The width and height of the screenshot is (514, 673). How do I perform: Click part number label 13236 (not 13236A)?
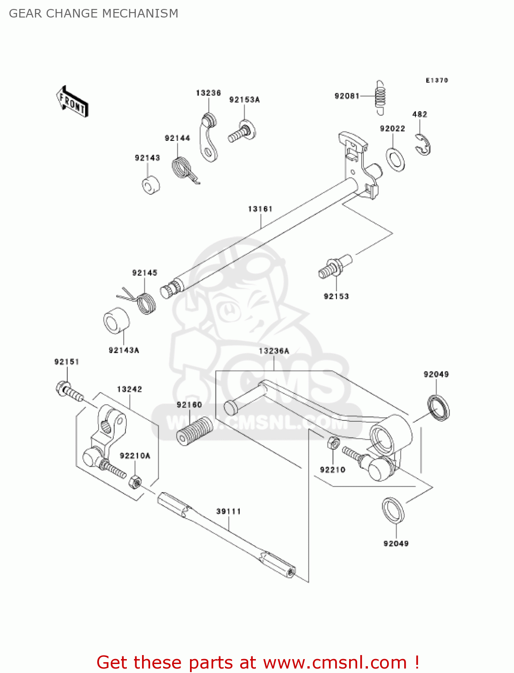tap(208, 93)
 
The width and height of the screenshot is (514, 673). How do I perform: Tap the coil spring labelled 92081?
tap(380, 97)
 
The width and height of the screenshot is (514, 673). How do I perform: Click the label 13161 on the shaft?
tap(260, 209)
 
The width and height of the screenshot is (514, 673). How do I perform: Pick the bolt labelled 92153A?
tap(242, 131)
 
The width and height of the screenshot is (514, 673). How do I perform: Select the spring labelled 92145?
tap(144, 302)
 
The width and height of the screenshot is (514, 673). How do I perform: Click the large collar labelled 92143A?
tap(117, 321)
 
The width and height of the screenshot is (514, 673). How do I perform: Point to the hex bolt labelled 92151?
tap(69, 391)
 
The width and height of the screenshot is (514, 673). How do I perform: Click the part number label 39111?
tap(229, 511)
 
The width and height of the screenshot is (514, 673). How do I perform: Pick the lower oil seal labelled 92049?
tap(393, 510)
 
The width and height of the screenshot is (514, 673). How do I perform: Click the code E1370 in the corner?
tap(436, 80)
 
